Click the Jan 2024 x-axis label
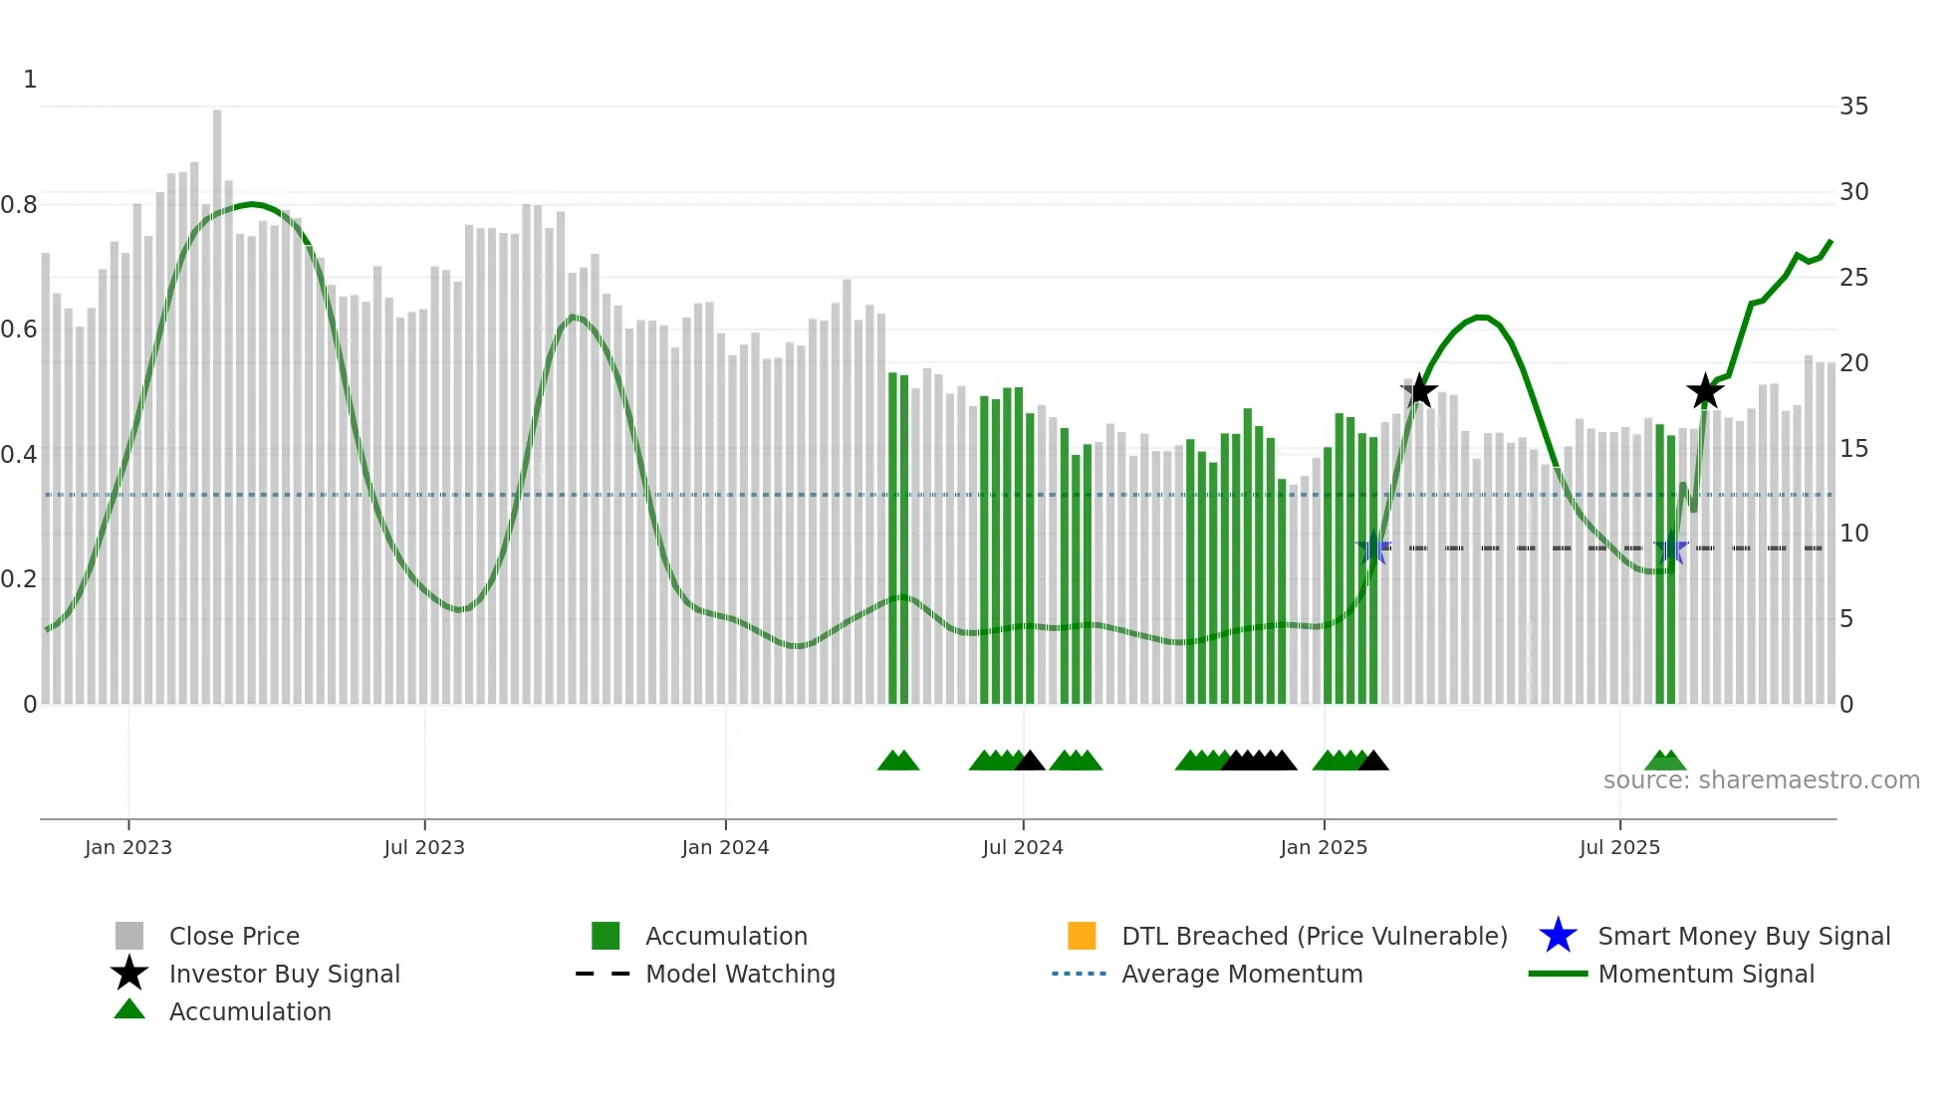coord(725,847)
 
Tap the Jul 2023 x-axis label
coord(424,847)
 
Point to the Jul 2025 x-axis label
coord(1619,847)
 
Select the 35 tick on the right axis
coord(1853,107)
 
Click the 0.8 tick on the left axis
coord(19,205)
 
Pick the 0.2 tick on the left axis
coord(19,579)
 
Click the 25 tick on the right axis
coord(1853,278)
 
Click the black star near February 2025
coord(1419,391)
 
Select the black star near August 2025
coord(1705,391)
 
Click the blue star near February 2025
coord(1373,548)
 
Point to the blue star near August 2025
coord(1670,548)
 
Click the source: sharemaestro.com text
coord(1761,780)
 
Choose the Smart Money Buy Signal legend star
coord(1558,936)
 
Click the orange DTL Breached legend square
coord(1082,936)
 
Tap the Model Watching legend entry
coord(740,974)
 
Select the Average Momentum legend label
coord(1241,974)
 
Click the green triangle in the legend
coord(129,1010)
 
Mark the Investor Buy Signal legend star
coord(129,974)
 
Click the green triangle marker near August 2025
coord(1665,762)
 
